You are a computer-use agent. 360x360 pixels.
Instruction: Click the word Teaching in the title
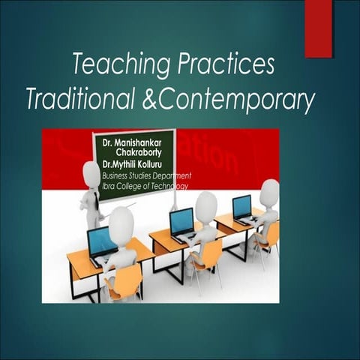point(115,66)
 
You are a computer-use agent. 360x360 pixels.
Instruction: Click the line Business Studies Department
point(146,175)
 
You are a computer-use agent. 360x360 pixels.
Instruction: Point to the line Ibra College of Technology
point(142,186)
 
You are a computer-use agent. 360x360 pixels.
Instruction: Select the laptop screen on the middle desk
point(181,220)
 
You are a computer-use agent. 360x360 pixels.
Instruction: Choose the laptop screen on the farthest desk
point(241,205)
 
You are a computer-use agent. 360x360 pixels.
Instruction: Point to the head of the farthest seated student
point(268,188)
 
